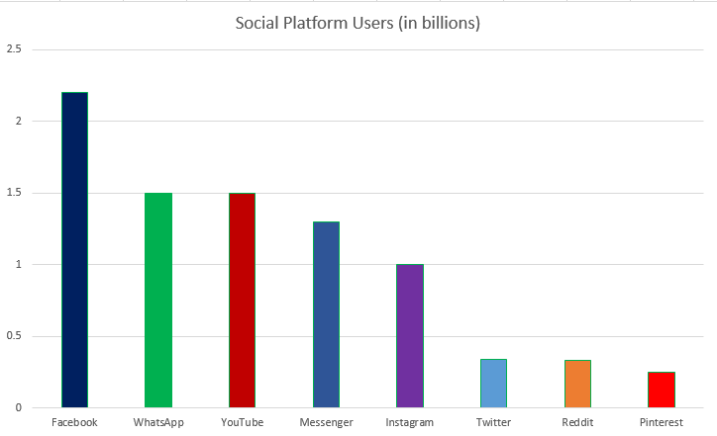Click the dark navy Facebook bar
74,249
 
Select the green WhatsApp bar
158,300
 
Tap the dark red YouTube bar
242,300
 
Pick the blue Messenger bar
326,314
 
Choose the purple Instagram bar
409,335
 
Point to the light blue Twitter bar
493,383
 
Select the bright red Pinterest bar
661,390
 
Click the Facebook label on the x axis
74,422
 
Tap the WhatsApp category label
158,422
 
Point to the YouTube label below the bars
242,422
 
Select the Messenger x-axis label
326,422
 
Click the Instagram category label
409,422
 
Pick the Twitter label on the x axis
493,422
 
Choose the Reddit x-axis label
577,422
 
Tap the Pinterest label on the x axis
661,422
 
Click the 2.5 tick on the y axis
14,49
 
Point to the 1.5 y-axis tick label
14,193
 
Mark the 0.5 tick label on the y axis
14,336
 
